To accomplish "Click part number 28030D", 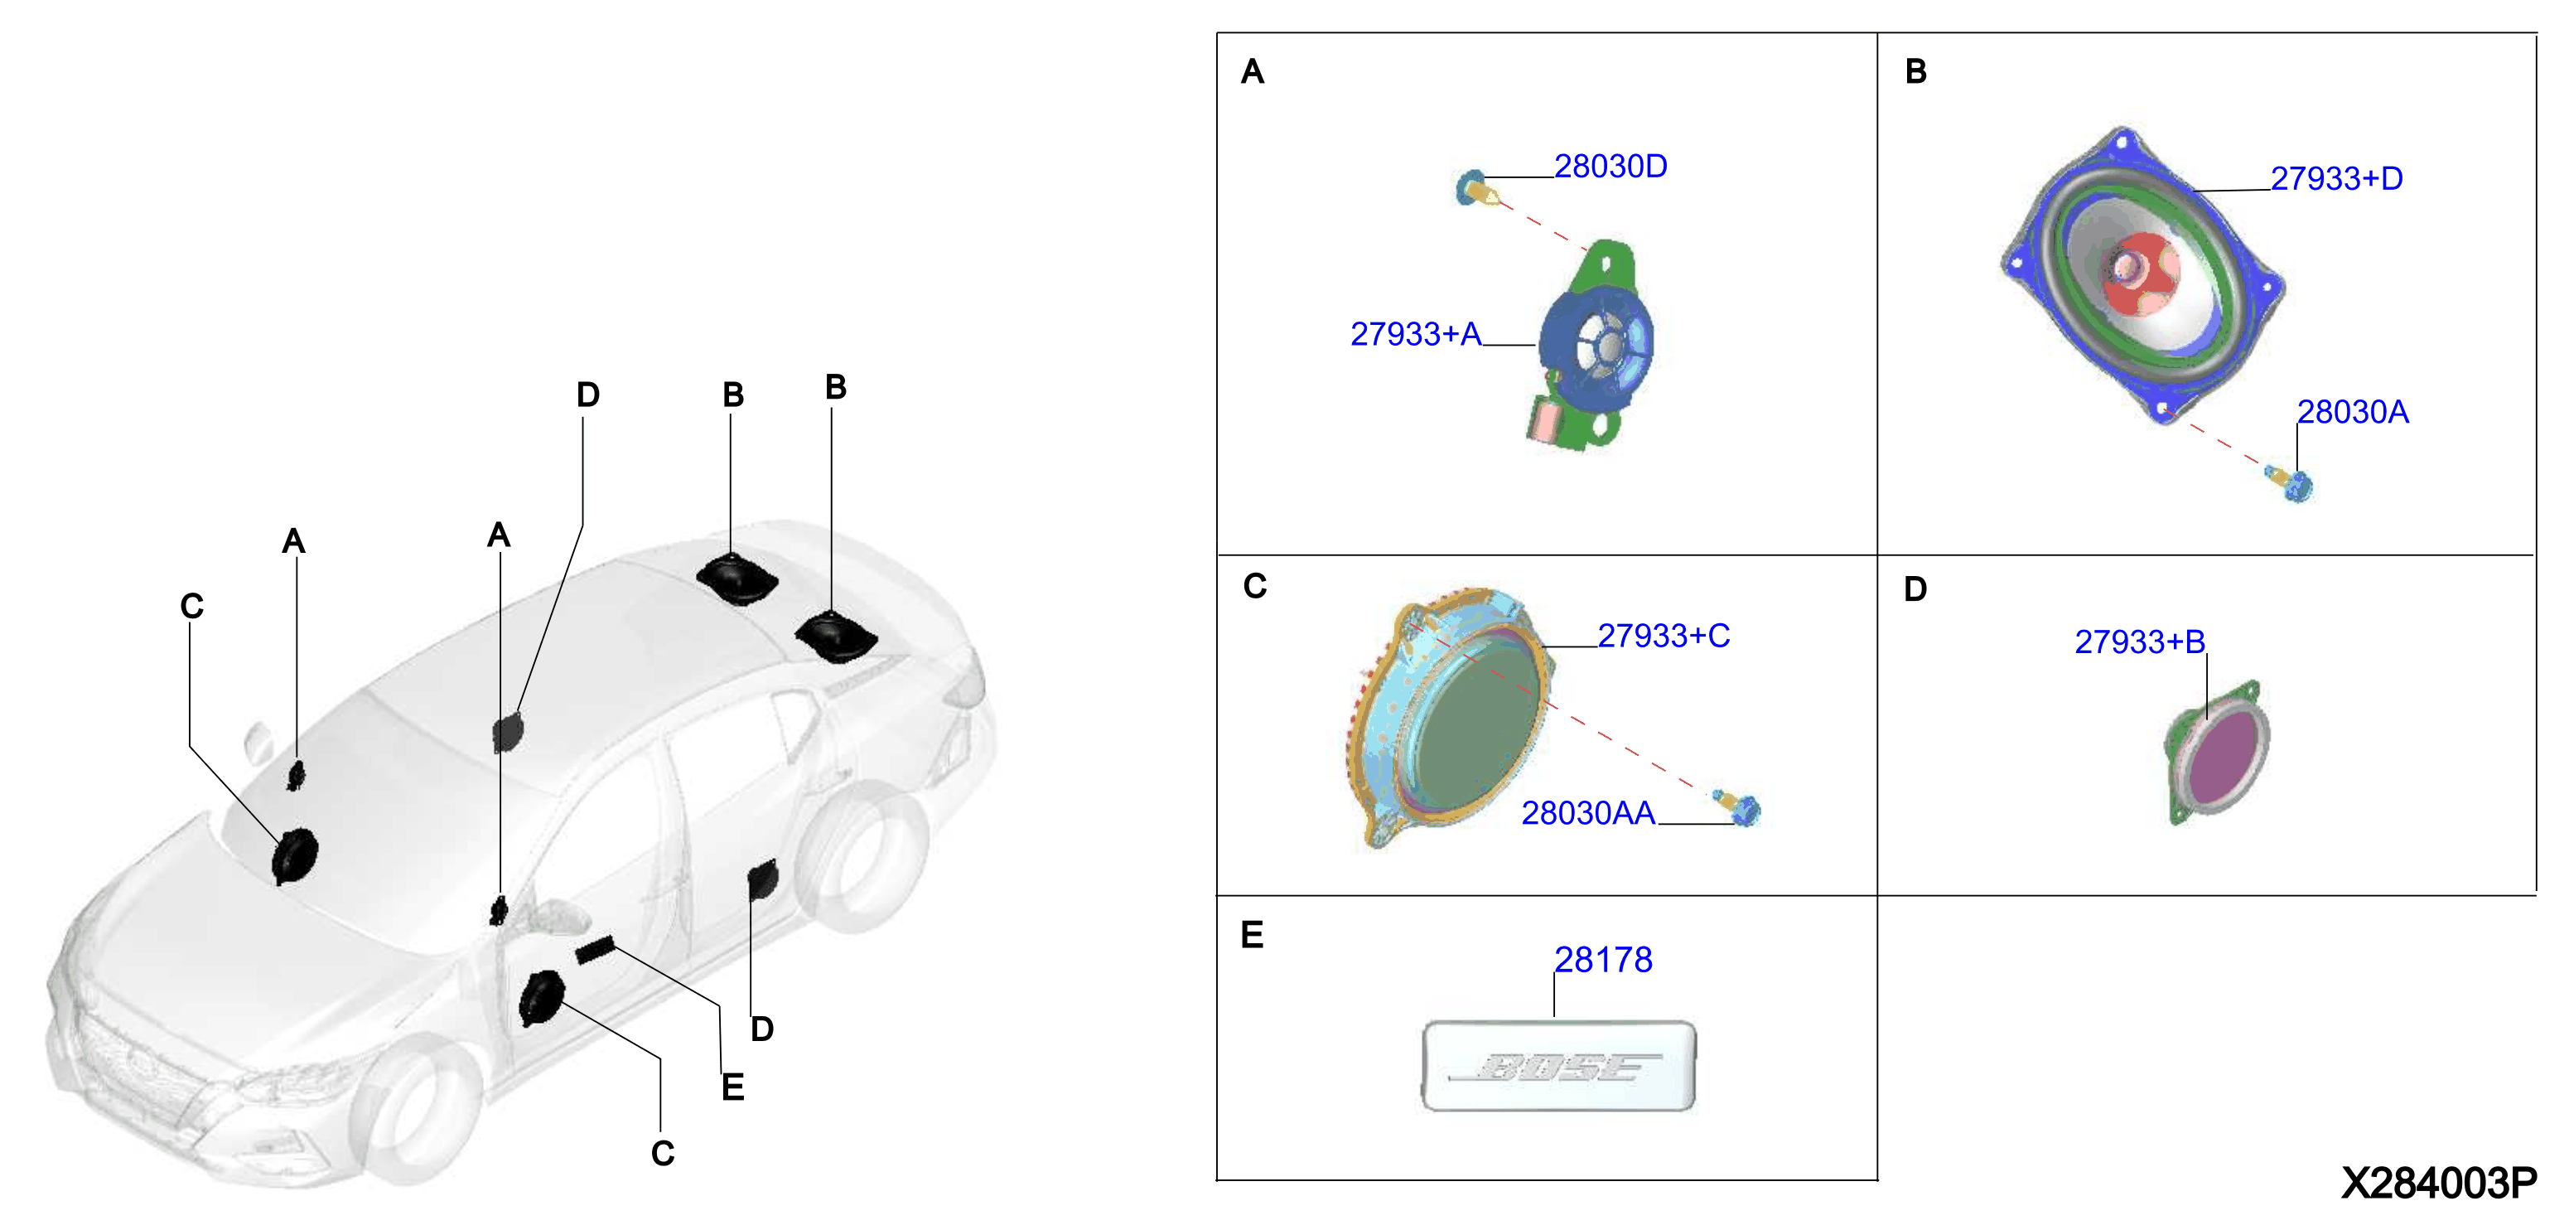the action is [x=1610, y=167].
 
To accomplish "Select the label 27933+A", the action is [x=1415, y=334].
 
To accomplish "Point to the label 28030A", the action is [x=2353, y=412].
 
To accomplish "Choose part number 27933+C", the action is [x=1664, y=636].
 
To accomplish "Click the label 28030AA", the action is [x=1587, y=813].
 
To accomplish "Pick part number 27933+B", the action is [x=2139, y=642].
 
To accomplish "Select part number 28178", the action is [x=1603, y=960].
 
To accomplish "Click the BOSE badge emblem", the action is [x=1557, y=1065].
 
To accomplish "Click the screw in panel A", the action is [x=1477, y=187].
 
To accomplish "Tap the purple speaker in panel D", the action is [x=2218, y=754].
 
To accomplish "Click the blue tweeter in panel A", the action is [x=1596, y=345].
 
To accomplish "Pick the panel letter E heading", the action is [x=1252, y=935].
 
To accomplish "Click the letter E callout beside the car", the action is [x=733, y=1087].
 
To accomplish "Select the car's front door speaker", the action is [x=542, y=998].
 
